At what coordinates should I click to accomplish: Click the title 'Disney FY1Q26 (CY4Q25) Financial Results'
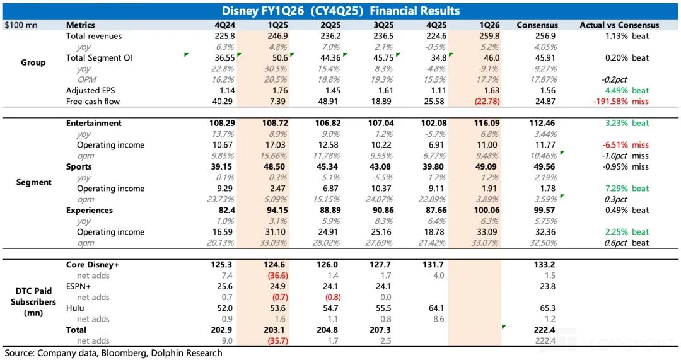pyautogui.click(x=340, y=11)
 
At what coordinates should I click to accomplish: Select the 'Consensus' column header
pyautogui.click(x=537, y=25)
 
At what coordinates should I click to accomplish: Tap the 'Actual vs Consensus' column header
pyautogui.click(x=619, y=25)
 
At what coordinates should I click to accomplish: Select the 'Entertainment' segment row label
pyautogui.click(x=94, y=124)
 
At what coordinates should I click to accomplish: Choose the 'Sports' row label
pyautogui.click(x=79, y=167)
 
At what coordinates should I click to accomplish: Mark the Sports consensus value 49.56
pyautogui.click(x=542, y=167)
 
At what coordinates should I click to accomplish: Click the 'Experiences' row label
pyautogui.click(x=90, y=211)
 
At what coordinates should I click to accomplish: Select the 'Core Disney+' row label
pyautogui.click(x=93, y=265)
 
